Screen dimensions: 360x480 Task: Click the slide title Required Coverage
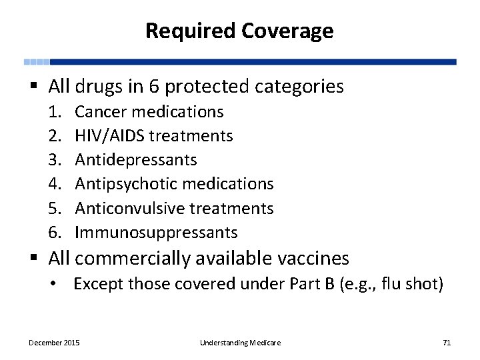(x=239, y=31)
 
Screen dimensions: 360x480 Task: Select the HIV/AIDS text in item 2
(x=110, y=136)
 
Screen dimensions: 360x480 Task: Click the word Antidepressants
(x=136, y=160)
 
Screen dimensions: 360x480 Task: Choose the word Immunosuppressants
(x=156, y=233)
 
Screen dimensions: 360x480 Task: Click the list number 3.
(x=55, y=160)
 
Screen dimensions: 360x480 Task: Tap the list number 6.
(x=55, y=233)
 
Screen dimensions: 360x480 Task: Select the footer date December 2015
(x=54, y=343)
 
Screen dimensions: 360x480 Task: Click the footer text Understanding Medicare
(x=240, y=343)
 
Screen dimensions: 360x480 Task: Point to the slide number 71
(x=447, y=343)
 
